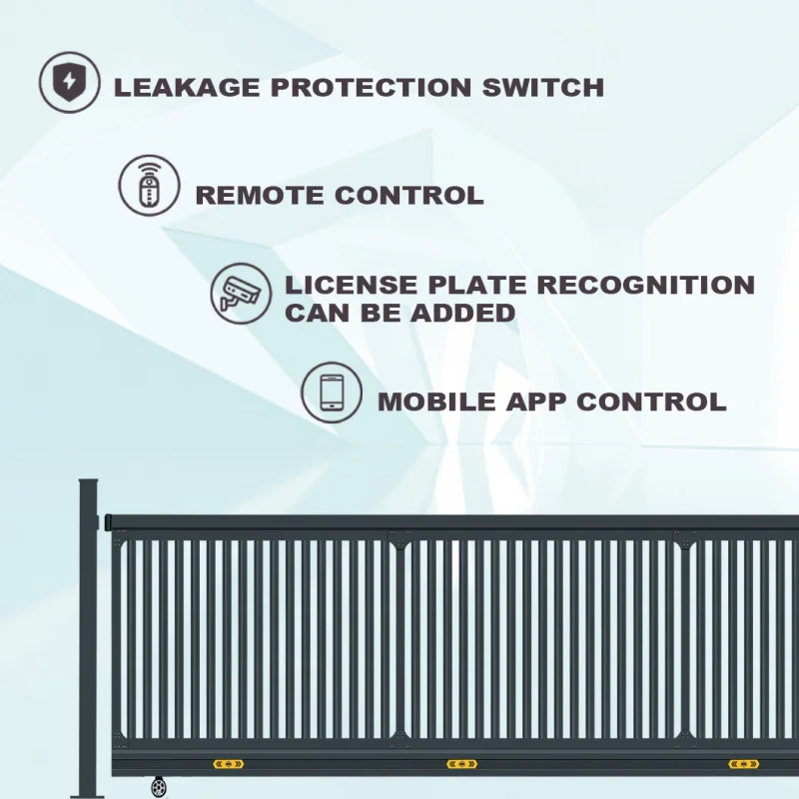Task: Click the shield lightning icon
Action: pyautogui.click(x=71, y=82)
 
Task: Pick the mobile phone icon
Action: pyautogui.click(x=332, y=393)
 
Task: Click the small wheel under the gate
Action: pyautogui.click(x=159, y=788)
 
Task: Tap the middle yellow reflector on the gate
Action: pyautogui.click(x=461, y=765)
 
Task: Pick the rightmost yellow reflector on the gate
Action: pyautogui.click(x=743, y=765)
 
